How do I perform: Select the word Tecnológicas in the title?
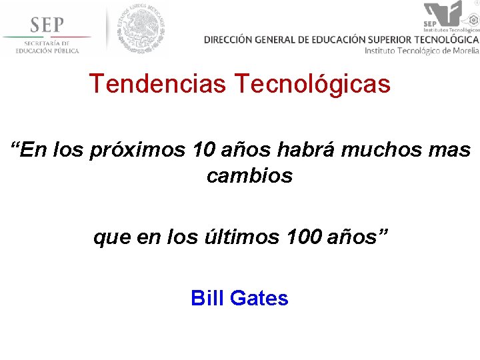312,84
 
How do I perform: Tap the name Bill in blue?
207,297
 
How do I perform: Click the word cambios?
249,176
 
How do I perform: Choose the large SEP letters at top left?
47,25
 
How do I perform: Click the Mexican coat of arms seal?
141,29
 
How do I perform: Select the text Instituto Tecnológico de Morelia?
422,51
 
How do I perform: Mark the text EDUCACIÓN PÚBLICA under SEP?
47,51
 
